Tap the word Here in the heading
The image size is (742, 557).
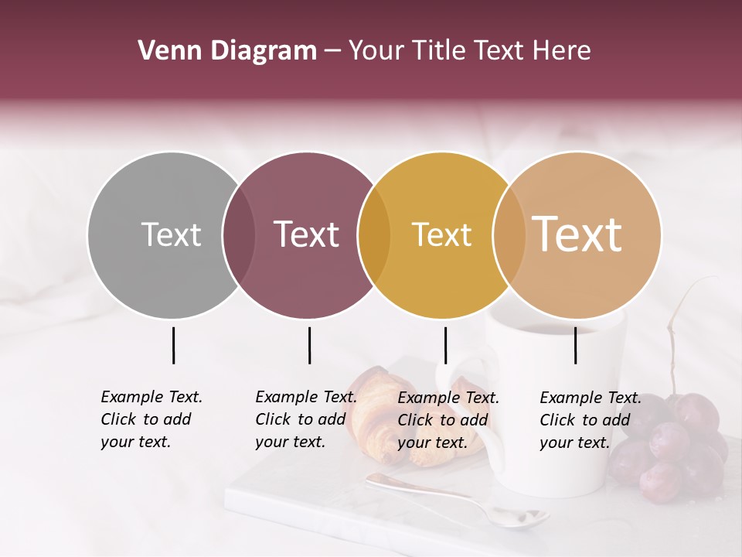tap(563, 51)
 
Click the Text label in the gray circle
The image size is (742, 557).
tap(171, 234)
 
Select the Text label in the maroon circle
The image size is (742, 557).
tap(306, 234)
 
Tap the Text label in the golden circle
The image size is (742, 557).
tap(441, 234)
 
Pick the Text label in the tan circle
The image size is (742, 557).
tap(577, 234)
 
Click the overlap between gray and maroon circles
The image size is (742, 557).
tap(239, 234)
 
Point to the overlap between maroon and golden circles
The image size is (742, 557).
tap(374, 234)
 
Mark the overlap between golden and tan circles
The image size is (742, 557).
tap(509, 234)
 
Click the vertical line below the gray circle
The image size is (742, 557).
tap(173, 345)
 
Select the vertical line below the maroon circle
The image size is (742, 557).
tap(309, 345)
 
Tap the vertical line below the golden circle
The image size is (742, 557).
tap(445, 345)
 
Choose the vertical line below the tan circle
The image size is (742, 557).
tap(575, 345)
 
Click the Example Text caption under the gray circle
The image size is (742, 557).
tap(151, 419)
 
